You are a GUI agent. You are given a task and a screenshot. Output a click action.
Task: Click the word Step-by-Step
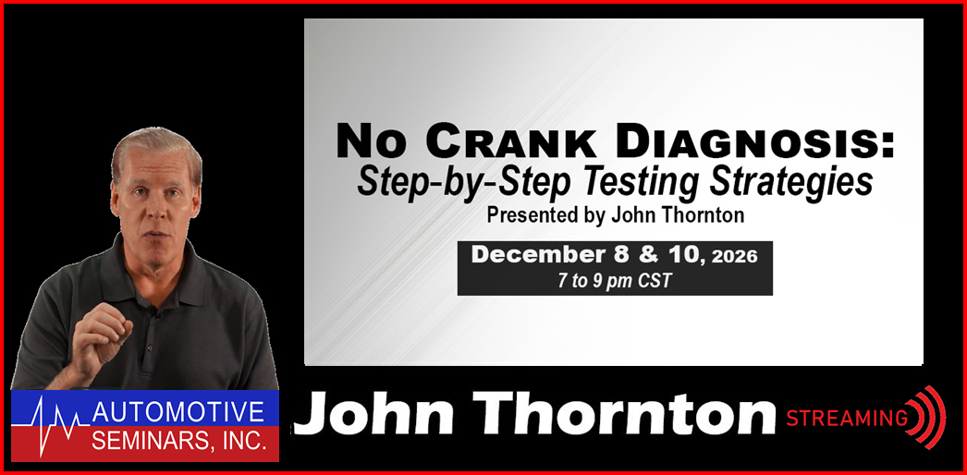point(467,182)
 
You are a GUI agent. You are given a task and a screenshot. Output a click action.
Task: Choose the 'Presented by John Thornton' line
point(615,215)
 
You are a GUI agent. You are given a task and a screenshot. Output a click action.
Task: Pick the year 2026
point(734,257)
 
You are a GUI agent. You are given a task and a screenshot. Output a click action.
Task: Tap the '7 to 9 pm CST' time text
point(614,281)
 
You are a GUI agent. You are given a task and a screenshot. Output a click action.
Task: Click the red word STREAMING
point(846,419)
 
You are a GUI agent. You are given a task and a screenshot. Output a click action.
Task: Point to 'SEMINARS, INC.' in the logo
point(178,441)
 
